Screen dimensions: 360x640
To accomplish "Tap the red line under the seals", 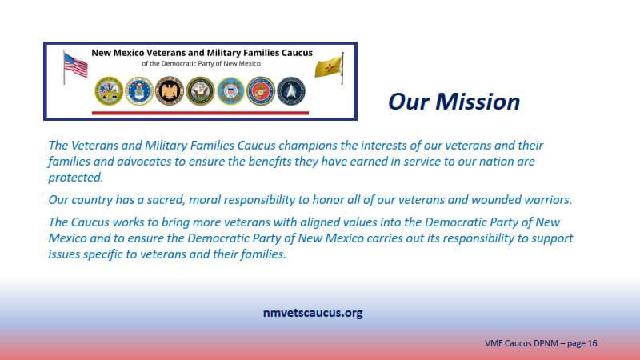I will tap(200, 113).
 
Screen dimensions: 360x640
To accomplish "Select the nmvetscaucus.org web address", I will tap(312, 313).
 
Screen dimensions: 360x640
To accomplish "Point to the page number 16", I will tap(593, 343).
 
